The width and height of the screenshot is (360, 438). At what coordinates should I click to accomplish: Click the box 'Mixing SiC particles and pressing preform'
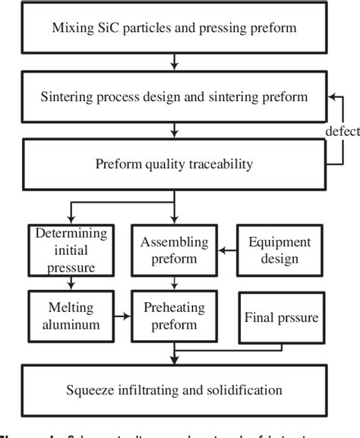click(174, 30)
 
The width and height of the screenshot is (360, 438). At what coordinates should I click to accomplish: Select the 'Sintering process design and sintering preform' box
click(174, 98)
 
